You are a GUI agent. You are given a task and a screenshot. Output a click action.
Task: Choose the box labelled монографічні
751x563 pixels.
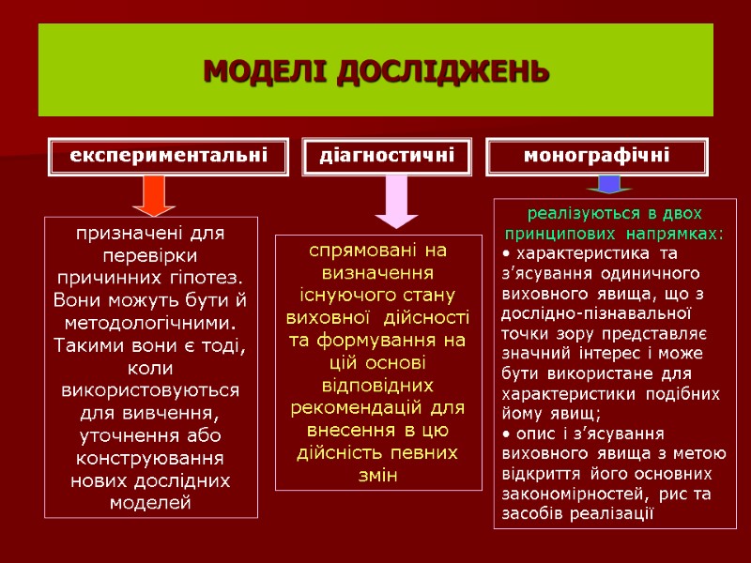click(597, 156)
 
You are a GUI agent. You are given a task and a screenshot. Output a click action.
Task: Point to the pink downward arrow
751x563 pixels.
click(397, 201)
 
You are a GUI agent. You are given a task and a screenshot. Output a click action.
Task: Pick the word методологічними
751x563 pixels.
click(151, 323)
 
